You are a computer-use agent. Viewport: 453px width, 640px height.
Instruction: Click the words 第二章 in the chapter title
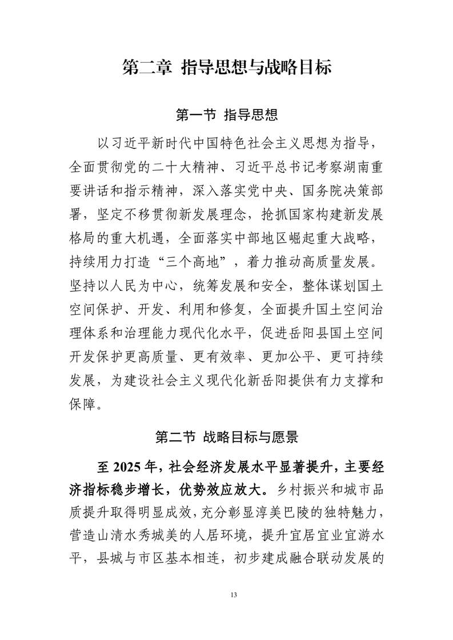point(147,68)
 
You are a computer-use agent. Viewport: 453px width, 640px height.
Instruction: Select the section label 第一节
point(196,115)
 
